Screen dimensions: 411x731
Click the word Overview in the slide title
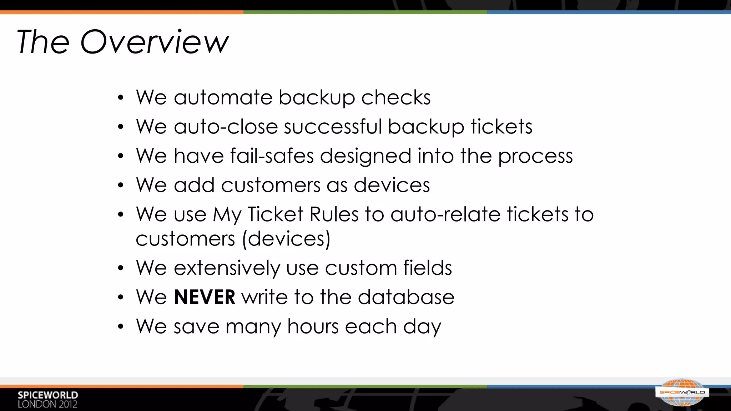154,42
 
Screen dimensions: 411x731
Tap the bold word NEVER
205,297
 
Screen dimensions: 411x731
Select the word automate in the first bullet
223,97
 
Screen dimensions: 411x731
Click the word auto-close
226,127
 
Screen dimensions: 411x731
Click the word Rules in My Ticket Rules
334,214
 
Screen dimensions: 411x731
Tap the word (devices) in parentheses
286,239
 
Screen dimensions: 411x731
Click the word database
406,297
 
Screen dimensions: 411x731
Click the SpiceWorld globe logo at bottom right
682,392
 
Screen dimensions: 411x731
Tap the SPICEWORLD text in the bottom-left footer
48,395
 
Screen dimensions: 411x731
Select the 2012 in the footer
68,405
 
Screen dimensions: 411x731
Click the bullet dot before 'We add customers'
121,186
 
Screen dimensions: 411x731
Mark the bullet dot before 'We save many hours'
121,326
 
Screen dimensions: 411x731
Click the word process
535,156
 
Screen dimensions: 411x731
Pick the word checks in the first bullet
396,97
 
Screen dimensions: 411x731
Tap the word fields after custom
428,268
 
